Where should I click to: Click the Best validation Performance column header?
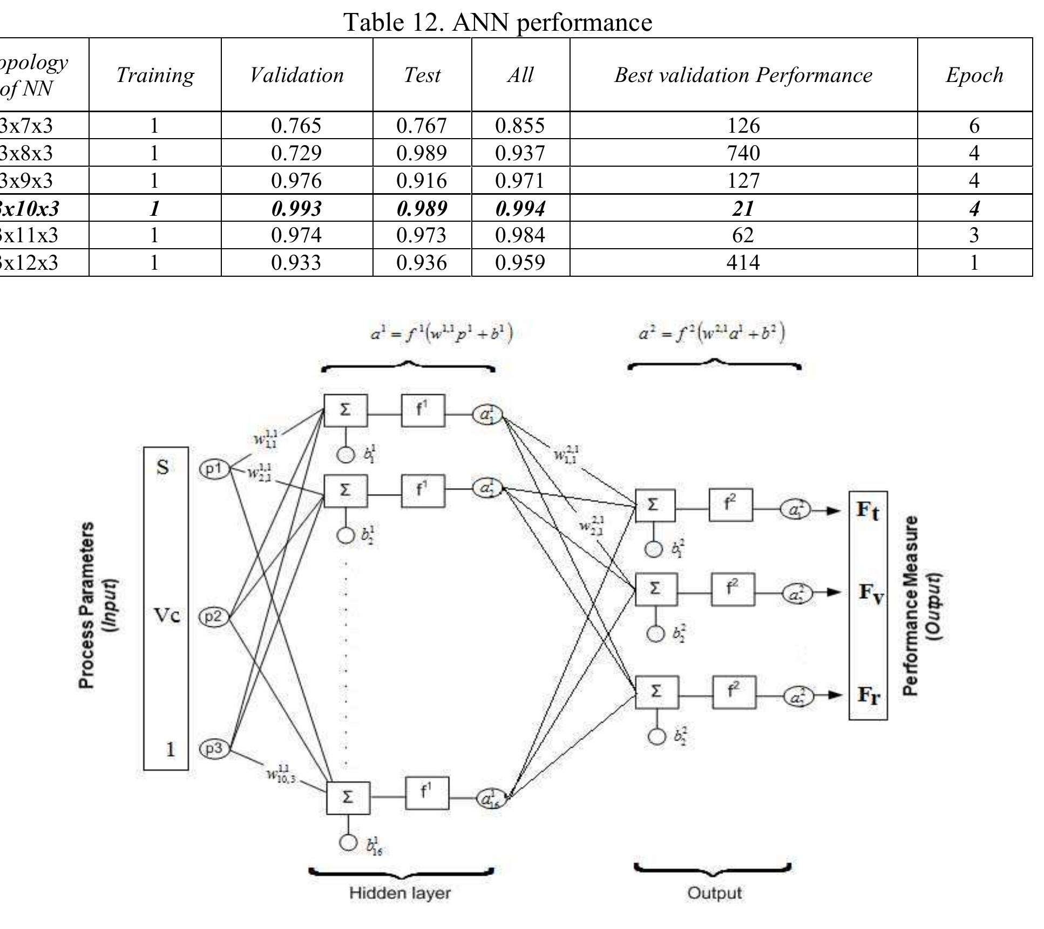coord(743,75)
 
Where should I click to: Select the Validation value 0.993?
coord(296,208)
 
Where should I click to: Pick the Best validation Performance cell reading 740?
coord(743,153)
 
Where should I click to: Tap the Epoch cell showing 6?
coord(974,126)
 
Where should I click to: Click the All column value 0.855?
coord(520,126)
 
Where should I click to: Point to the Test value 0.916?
coord(422,180)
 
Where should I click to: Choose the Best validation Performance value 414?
coord(743,263)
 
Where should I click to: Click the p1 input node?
coord(215,469)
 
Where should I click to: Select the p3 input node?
coord(214,749)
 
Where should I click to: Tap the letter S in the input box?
coord(162,467)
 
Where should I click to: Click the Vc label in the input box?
coord(167,615)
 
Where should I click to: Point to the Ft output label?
coord(867,510)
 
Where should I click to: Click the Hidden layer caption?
coord(399,893)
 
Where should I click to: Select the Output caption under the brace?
coord(714,893)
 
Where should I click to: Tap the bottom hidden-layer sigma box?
coord(348,797)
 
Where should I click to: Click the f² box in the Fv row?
coord(733,589)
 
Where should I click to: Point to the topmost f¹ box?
coord(423,411)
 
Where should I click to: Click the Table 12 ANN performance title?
coord(498,22)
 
